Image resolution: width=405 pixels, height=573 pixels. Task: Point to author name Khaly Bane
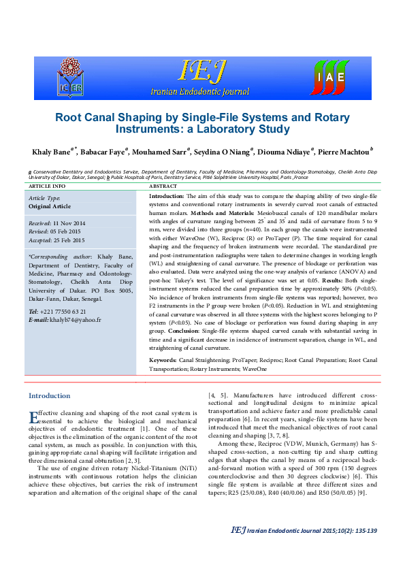51,150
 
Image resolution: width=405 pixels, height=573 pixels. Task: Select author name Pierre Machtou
344,150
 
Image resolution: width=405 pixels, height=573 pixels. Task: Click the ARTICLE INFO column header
48,186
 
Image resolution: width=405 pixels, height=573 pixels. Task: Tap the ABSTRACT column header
163,186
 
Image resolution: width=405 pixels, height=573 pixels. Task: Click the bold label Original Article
49,206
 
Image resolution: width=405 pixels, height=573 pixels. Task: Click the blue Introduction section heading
49,395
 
